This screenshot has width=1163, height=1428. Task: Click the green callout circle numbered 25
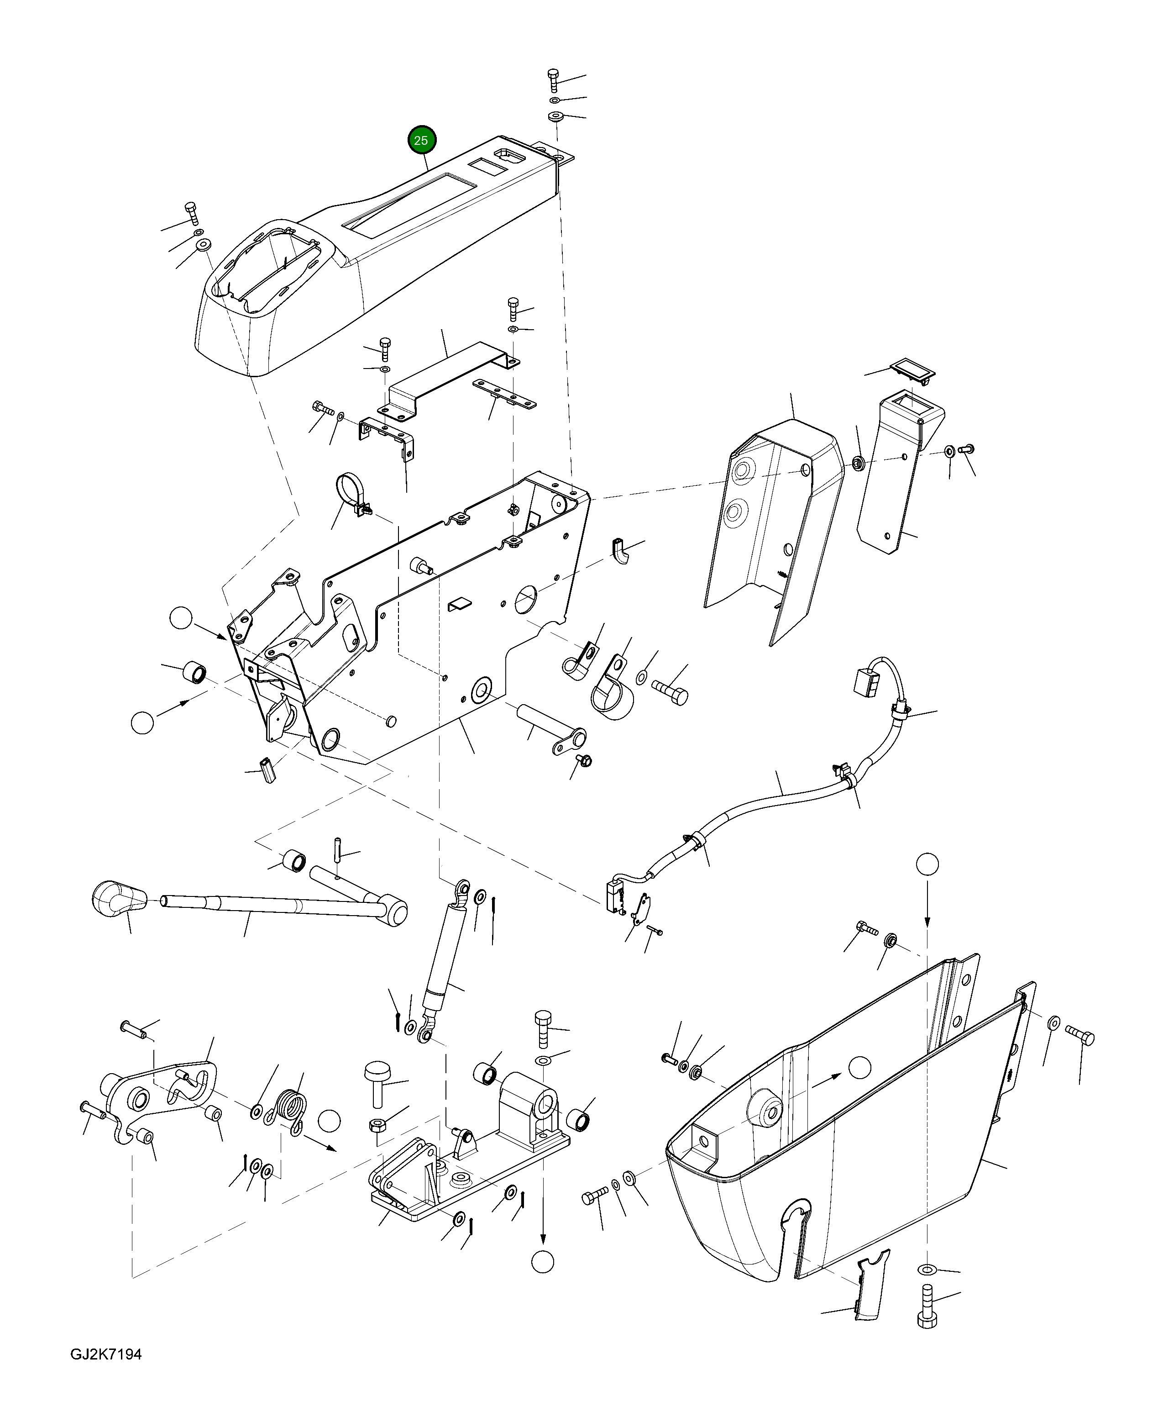(421, 141)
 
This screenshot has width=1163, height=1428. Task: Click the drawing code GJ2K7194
(106, 1373)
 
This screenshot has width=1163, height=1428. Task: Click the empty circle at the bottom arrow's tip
(543, 1261)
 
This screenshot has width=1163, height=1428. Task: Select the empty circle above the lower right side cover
(928, 864)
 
